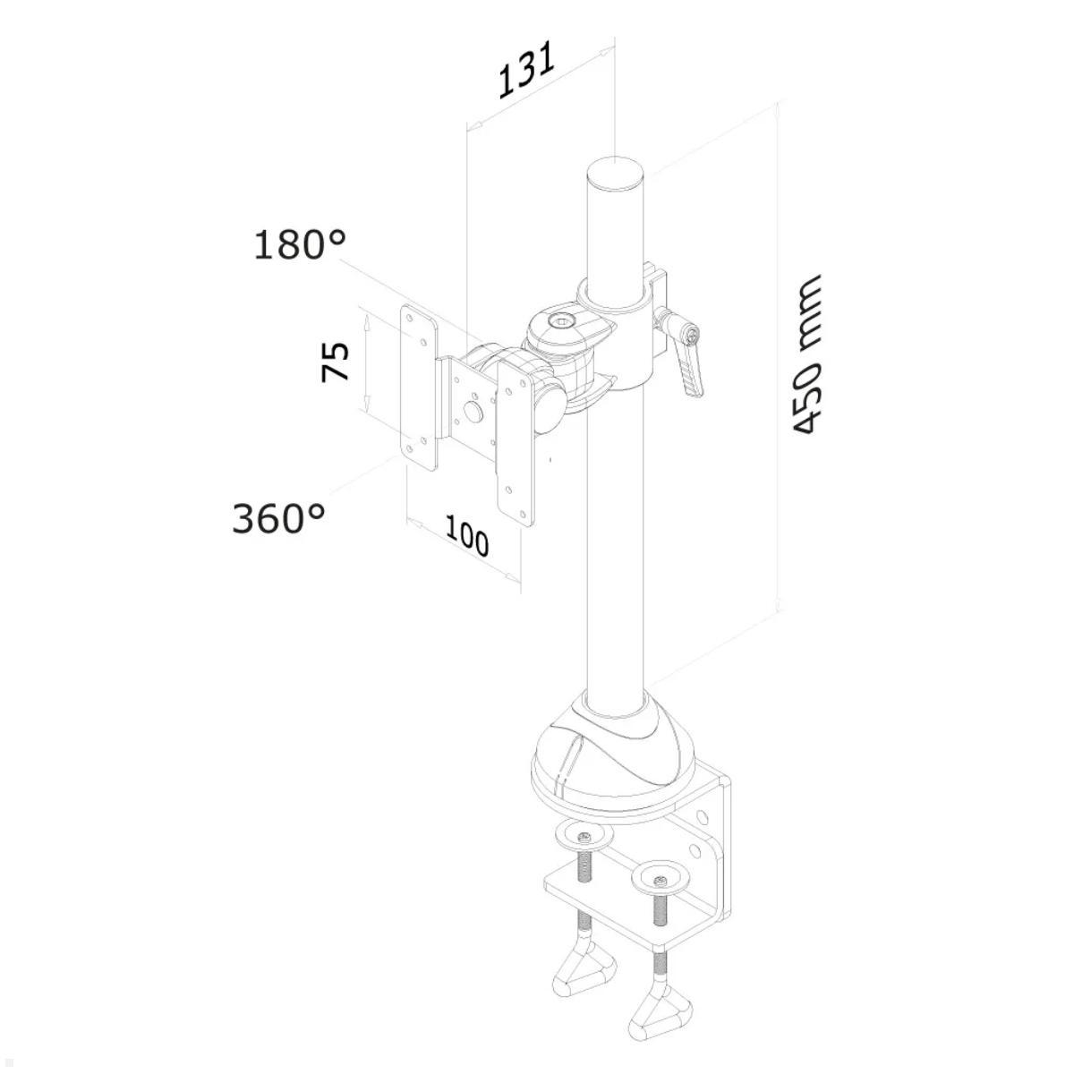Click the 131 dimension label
pyautogui.click(x=526, y=69)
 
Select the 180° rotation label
pyautogui.click(x=299, y=244)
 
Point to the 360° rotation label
pyautogui.click(x=277, y=517)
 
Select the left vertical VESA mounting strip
pyautogui.click(x=418, y=387)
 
